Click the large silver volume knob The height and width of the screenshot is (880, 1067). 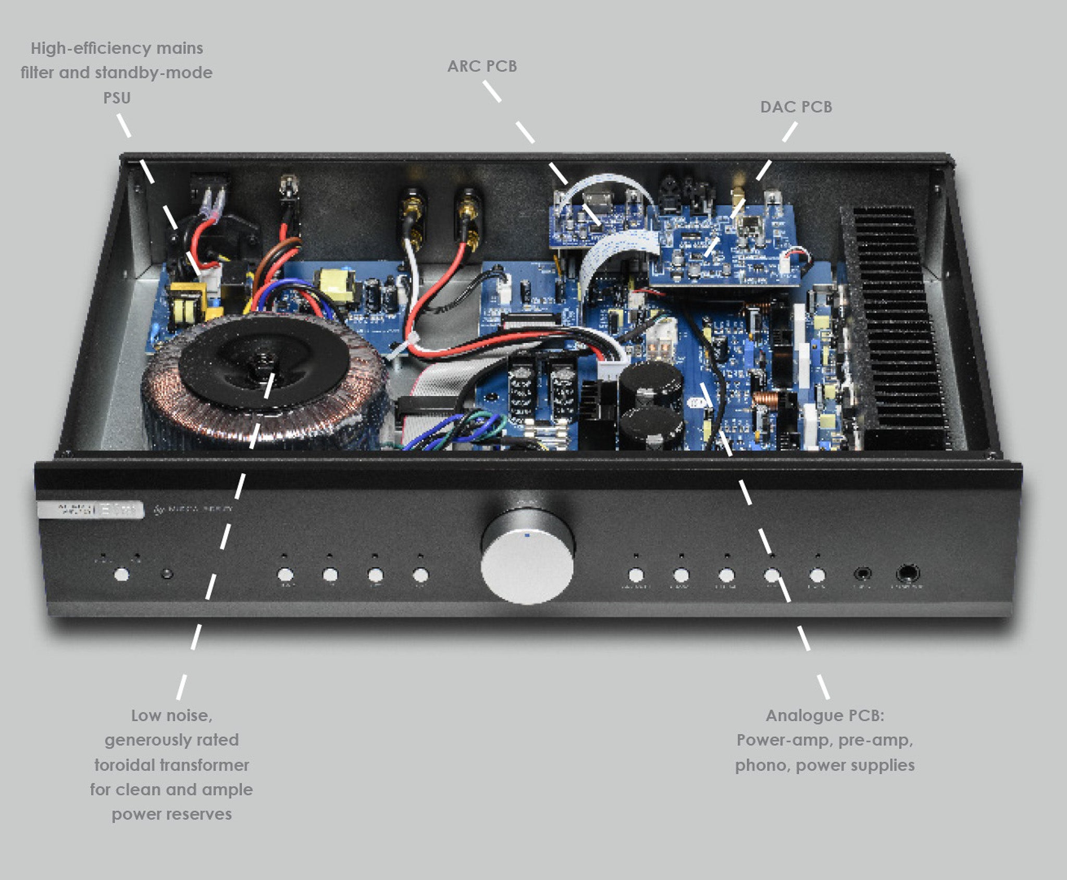pos(527,566)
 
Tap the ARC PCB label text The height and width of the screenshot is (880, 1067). pos(482,66)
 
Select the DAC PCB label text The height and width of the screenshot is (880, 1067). pos(796,107)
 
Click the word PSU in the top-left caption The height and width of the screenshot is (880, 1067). pos(117,97)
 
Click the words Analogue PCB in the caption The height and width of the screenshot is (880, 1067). pos(824,715)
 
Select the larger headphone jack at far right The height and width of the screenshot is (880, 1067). pos(907,574)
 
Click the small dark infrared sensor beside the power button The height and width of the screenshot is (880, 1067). pos(167,575)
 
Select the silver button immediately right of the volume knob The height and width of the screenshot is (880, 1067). pos(636,575)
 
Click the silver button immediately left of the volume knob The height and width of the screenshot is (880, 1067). pos(420,575)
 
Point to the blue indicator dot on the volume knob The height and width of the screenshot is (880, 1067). pos(528,534)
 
